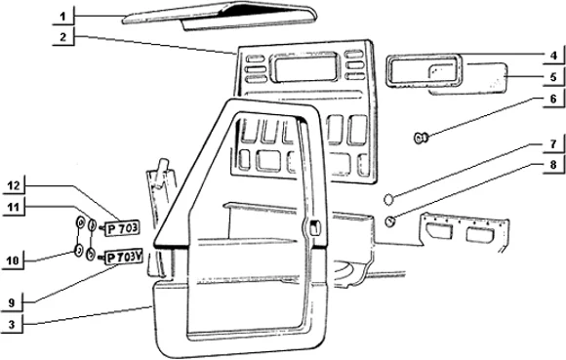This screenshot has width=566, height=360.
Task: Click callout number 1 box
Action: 61,17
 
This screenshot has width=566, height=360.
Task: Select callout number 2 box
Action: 61,38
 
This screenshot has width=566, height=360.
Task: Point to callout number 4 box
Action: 552,55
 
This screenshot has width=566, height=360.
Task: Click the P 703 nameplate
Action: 120,229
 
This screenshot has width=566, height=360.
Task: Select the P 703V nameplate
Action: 124,258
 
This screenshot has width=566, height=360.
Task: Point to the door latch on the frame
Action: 315,229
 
